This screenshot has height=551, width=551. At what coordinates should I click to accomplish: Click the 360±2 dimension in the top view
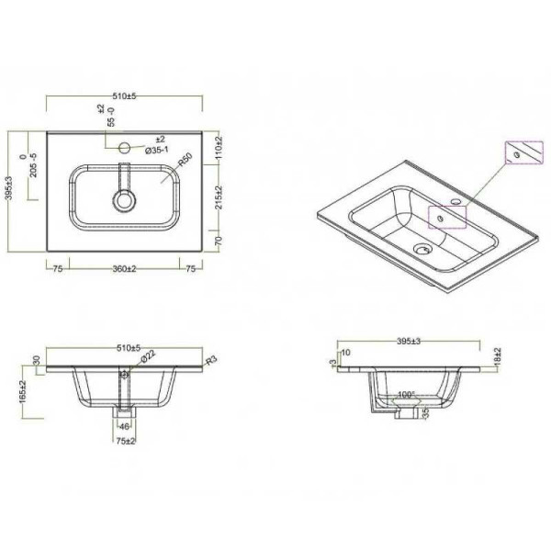[x=124, y=270]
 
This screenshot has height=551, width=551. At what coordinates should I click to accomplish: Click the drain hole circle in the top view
[x=123, y=198]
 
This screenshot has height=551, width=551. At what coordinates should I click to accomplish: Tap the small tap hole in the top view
[x=125, y=145]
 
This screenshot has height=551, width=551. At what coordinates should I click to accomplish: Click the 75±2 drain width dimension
[x=124, y=442]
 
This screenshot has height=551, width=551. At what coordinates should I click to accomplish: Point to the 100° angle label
[x=407, y=395]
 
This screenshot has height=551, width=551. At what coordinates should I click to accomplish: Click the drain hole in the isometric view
[x=422, y=247]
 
